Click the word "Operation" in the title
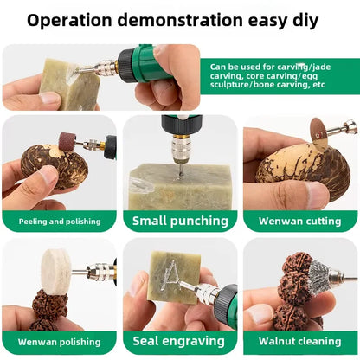(x=69, y=21)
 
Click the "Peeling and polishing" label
(x=60, y=222)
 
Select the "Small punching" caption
(x=180, y=221)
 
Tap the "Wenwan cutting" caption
(x=300, y=222)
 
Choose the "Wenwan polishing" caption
(x=60, y=342)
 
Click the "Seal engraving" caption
(x=179, y=341)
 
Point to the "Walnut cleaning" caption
(x=300, y=341)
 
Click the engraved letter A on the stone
(x=172, y=275)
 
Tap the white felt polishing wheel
(x=55, y=272)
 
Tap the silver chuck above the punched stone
(x=181, y=149)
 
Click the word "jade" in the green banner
(x=321, y=67)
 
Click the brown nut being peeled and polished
(x=55, y=166)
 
